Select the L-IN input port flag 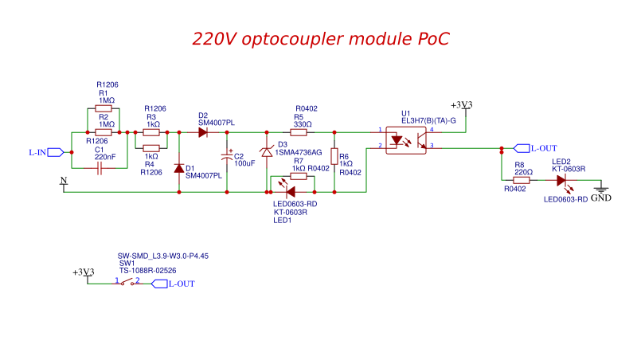[55, 151]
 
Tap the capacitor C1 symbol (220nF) [100, 169]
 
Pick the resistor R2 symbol [104, 132]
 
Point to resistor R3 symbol [151, 132]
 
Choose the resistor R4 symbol [151, 147]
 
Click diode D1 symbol [178, 169]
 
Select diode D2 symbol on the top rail [203, 132]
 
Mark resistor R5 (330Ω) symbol [299, 132]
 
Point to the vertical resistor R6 [334, 157]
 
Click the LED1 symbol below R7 [291, 191]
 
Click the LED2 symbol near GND [562, 180]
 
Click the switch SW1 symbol [127, 283]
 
